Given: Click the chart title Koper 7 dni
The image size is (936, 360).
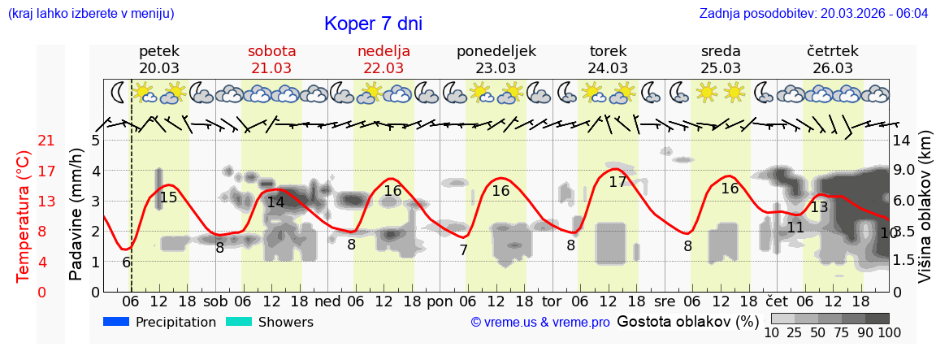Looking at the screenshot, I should (373, 24).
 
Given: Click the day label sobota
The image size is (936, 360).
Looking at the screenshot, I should (271, 51).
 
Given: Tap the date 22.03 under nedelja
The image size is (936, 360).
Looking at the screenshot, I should (383, 68).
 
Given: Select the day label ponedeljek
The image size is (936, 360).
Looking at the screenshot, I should (496, 51).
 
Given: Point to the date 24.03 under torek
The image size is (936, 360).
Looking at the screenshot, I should (608, 68).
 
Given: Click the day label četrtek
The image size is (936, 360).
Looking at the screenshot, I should (832, 51).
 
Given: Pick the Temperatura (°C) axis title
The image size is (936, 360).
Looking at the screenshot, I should (23, 216).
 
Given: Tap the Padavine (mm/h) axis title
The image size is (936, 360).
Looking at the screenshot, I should (76, 216).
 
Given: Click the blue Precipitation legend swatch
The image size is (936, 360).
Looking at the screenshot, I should (117, 322).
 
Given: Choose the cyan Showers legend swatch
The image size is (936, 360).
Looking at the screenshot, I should (239, 322).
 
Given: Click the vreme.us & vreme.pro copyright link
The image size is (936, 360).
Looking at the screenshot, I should (539, 323).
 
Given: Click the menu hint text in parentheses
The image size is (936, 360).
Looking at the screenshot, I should (91, 14).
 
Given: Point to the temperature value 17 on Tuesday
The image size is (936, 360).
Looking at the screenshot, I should (617, 182).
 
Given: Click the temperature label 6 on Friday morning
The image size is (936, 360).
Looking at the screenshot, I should (127, 262).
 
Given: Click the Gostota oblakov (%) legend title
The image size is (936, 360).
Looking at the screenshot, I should (687, 321).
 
